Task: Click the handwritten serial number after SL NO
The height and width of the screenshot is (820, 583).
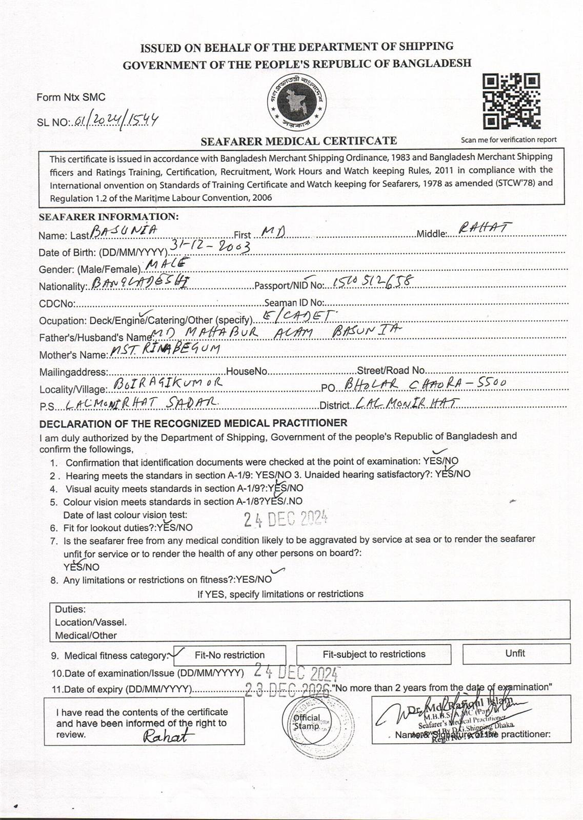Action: click(x=116, y=120)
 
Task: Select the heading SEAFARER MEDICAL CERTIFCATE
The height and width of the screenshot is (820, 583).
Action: click(x=298, y=141)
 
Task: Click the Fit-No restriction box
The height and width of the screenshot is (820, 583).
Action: click(x=230, y=655)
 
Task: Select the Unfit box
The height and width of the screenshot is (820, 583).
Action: click(x=516, y=653)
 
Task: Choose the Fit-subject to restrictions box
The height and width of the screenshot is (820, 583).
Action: click(x=374, y=654)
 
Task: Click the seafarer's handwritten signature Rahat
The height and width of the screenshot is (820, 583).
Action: click(x=168, y=737)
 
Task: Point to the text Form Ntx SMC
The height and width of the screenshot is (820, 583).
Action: click(x=71, y=97)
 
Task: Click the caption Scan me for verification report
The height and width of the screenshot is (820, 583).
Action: click(x=509, y=139)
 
